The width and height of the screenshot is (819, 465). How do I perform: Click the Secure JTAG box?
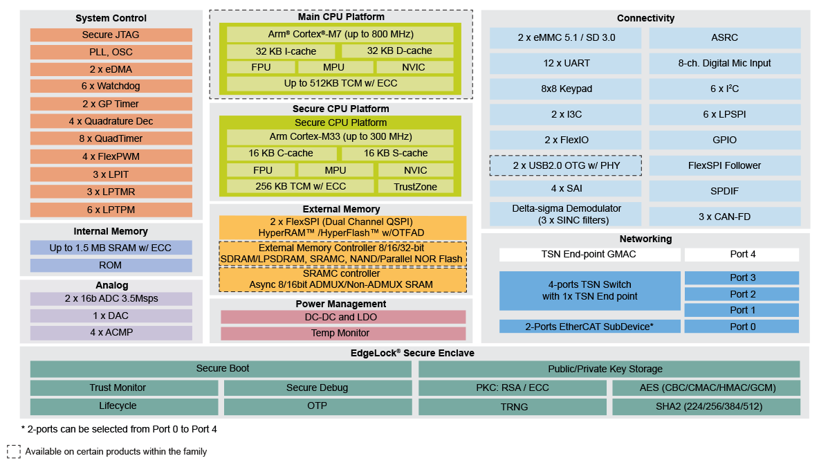(111, 35)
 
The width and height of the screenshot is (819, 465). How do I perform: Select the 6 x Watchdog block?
(111, 86)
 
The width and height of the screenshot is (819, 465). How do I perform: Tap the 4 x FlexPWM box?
(111, 157)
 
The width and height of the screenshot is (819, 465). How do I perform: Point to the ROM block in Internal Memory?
(111, 265)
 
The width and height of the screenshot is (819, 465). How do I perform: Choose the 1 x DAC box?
(111, 316)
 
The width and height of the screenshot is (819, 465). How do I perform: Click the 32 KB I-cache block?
(281, 51)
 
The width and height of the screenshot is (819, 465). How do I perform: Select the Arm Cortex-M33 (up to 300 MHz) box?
(340, 137)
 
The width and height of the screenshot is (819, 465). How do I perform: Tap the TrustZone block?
(415, 186)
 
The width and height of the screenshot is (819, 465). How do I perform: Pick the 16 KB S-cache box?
(396, 154)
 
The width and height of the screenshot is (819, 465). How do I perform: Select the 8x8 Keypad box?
(566, 89)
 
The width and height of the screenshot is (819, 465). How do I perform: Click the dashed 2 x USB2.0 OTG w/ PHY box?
(566, 166)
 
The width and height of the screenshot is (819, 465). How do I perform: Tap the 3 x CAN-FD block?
(724, 217)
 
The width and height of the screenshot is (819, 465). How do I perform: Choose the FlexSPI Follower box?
(724, 166)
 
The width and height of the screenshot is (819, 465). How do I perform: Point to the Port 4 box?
(742, 255)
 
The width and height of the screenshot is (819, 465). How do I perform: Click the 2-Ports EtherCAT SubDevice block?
(589, 327)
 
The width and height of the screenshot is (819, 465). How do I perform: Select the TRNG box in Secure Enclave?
(513, 407)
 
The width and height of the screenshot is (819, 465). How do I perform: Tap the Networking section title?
(645, 239)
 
